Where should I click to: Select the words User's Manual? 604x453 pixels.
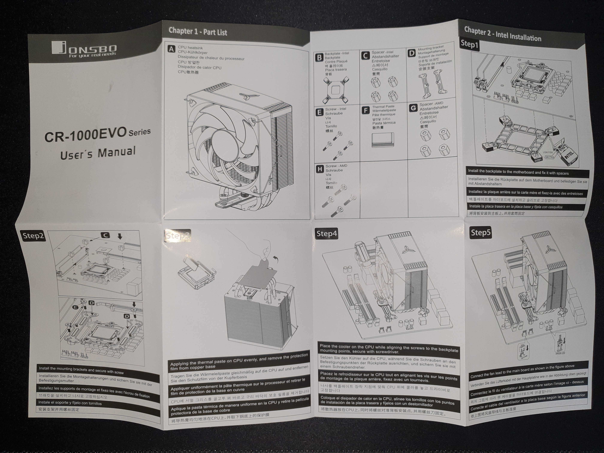click(x=98, y=153)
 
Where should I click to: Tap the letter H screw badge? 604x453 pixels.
click(x=320, y=169)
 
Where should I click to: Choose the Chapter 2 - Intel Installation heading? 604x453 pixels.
click(x=502, y=34)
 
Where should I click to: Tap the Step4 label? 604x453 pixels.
click(x=327, y=234)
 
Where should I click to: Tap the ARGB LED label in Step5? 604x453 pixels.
click(x=560, y=353)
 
